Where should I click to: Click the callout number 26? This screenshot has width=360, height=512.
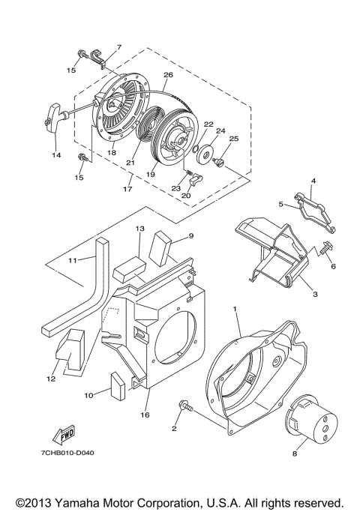tap(168, 75)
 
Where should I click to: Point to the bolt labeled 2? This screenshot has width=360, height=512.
tap(184, 406)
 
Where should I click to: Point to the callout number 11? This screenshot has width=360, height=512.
tap(73, 260)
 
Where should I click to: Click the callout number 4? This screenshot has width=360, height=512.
tap(313, 181)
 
